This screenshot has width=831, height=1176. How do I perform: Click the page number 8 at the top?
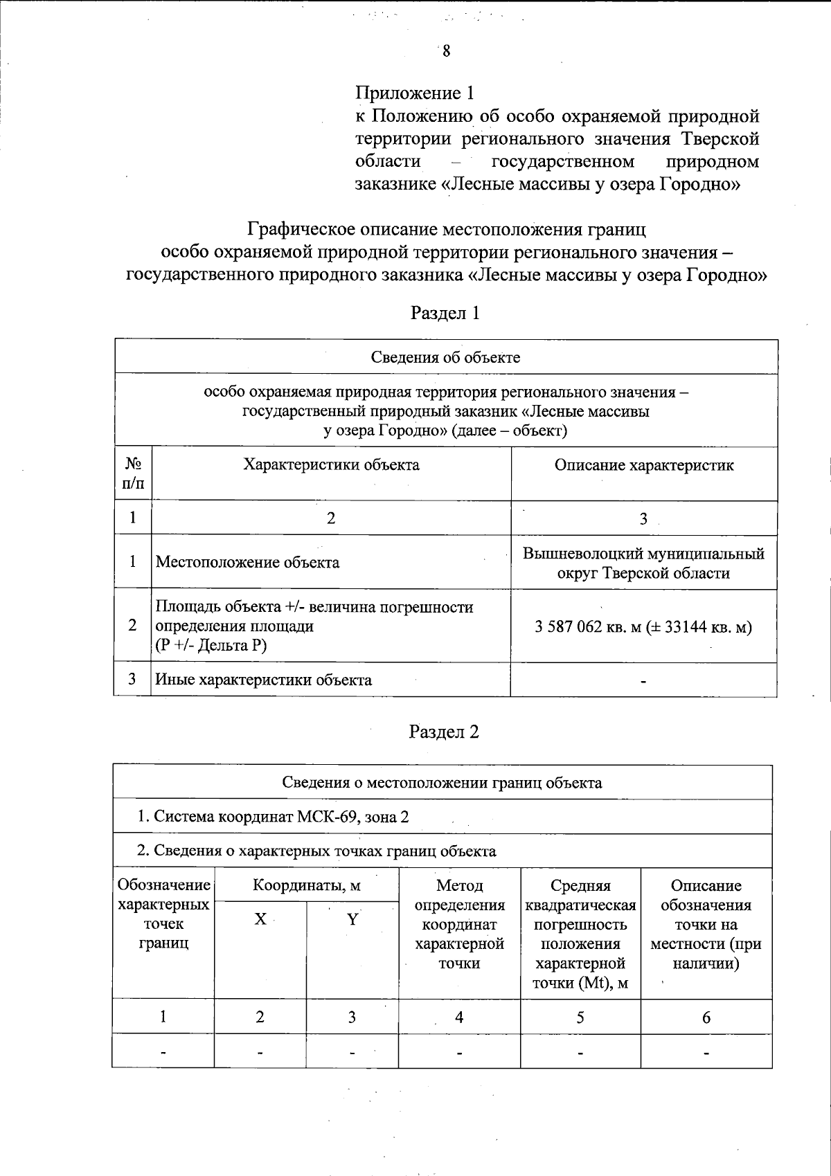pos(447,51)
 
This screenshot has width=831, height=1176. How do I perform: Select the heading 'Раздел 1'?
pos(445,313)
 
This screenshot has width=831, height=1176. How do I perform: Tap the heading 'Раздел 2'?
pos(444,732)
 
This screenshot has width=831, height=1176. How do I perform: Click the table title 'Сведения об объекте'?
pos(445,357)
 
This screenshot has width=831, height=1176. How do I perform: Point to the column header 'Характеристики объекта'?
pos(331,464)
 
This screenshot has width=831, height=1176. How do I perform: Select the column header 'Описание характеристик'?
pos(643,465)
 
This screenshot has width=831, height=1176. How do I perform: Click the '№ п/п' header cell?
pos(133,473)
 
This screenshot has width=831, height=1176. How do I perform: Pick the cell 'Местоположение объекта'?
pos(247,562)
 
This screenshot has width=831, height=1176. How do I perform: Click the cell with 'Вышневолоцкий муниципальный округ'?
pos(643,563)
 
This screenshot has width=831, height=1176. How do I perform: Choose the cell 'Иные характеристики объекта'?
pos(263,680)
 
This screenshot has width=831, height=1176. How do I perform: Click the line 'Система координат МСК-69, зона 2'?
pos(274,817)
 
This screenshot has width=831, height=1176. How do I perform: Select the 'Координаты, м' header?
pos(306,885)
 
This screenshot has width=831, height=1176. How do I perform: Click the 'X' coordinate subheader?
pos(260,919)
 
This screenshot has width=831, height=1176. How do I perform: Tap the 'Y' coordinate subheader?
pos(352,919)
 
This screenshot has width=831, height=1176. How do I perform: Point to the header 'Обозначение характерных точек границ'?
pos(163,914)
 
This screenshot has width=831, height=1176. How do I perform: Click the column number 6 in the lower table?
pos(706,1017)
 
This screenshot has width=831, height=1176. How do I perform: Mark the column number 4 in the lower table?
pos(458,1017)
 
